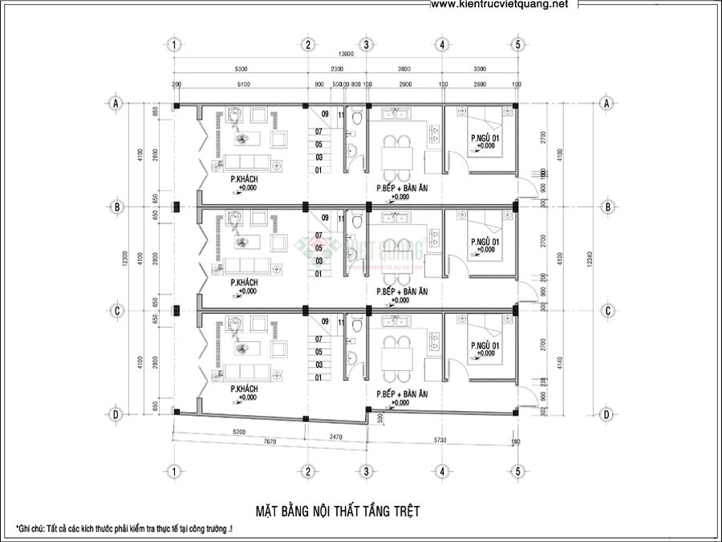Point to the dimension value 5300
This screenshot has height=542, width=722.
click(x=241, y=70)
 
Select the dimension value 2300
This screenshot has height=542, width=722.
click(x=337, y=70)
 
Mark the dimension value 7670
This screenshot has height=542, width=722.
click(x=237, y=442)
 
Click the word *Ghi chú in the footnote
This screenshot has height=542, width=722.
click(x=33, y=530)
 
